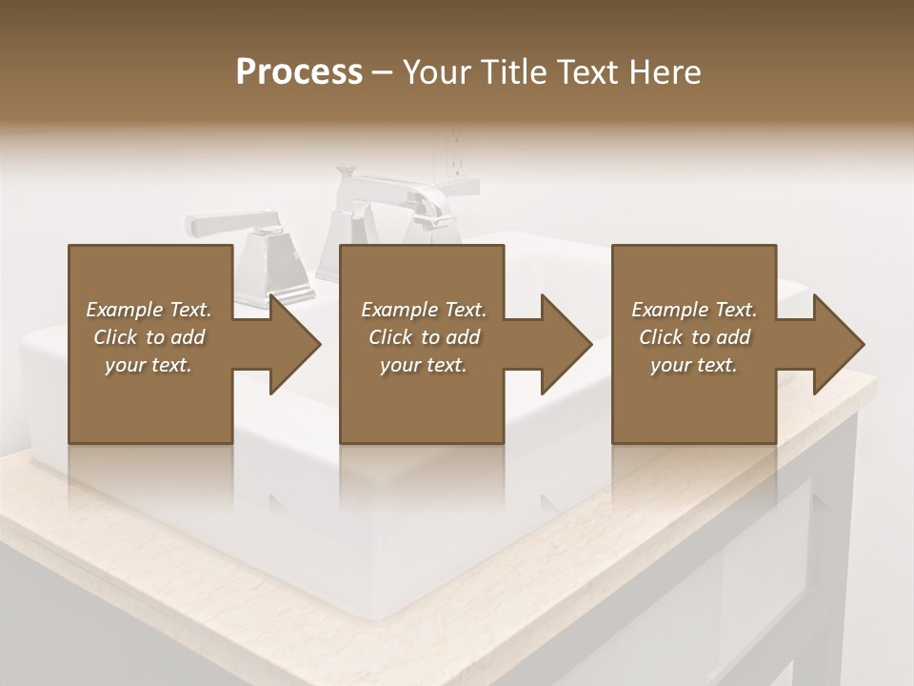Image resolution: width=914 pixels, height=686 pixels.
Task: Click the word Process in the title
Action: pos(299,72)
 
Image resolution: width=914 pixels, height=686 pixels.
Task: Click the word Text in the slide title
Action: pos(587,72)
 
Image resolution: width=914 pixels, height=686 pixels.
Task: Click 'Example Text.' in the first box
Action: pos(149,310)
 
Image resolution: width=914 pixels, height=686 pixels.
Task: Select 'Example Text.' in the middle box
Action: pos(423,310)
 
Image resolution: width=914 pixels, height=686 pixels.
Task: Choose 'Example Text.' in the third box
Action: pos(694,310)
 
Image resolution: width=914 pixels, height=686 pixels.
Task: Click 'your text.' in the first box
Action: pos(149,365)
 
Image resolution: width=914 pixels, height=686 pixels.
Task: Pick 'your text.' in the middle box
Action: pos(423,365)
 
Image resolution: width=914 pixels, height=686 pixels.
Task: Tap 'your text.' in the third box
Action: pos(694,365)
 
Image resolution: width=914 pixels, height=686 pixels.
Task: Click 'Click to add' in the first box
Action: pos(149,337)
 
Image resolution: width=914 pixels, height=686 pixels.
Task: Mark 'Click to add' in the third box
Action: pos(694,337)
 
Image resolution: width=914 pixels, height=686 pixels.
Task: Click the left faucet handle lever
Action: pos(224,224)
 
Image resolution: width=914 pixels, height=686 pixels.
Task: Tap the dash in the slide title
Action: pos(382,72)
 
